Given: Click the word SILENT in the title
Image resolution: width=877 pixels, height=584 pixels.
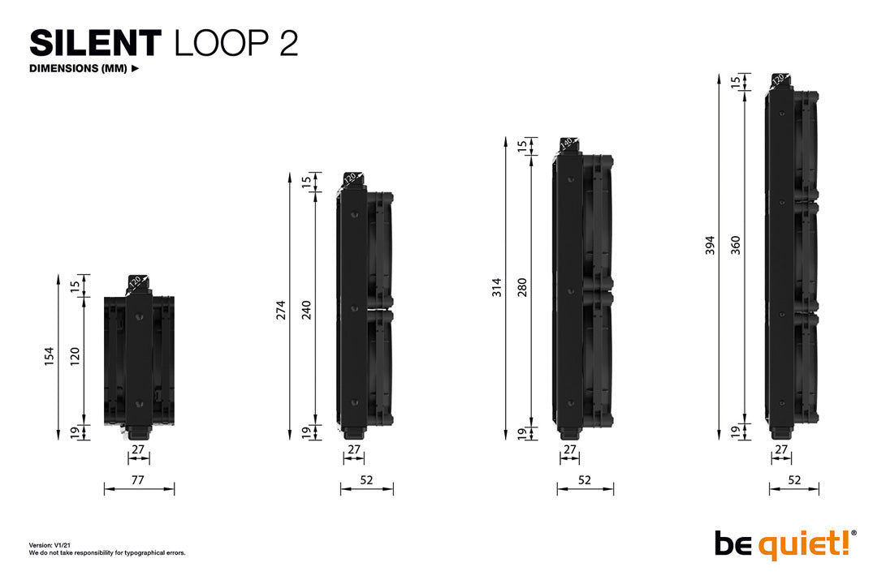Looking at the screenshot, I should point(96,43).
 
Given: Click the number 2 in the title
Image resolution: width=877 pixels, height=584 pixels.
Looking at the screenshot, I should point(287,44).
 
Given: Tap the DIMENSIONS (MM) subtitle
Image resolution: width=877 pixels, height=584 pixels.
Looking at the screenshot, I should point(78,68).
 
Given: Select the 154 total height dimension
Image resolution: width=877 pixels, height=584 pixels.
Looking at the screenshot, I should point(49,355).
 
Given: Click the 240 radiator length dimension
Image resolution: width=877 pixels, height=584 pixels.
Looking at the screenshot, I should point(307,309).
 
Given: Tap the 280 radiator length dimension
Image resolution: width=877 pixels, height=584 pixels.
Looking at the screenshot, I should point(522,287).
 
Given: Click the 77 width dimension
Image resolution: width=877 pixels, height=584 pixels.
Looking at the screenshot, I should point(138,480).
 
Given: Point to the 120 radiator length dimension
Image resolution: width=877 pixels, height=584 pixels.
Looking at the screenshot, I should point(75,355).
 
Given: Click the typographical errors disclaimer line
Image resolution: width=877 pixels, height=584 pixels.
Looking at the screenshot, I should point(107,552).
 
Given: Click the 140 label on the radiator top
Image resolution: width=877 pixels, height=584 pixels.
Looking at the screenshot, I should point(566,144).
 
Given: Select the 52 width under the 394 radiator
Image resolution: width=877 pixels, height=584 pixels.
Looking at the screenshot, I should point(794,480).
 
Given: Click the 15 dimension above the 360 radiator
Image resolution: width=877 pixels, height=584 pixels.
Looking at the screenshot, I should point(736,82).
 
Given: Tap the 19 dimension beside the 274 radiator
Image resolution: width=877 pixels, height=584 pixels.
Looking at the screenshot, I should point(307,432).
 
